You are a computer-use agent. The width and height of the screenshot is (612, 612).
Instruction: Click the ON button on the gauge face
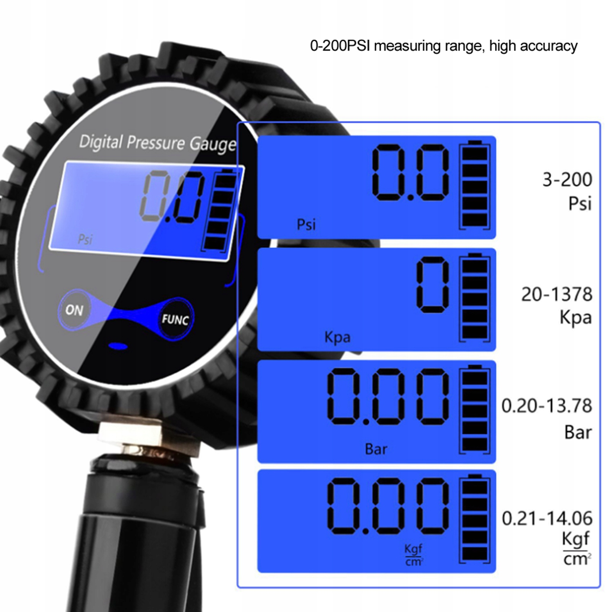click(74, 310)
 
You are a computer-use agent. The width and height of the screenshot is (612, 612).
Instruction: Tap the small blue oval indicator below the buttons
click(118, 346)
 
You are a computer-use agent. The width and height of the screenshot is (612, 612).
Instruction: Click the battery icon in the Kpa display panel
click(474, 297)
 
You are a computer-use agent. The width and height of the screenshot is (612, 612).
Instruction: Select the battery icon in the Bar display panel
click(474, 409)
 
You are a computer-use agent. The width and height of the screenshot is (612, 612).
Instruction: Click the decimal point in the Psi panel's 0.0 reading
click(410, 197)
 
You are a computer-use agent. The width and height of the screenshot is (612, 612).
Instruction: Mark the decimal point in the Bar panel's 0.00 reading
click(366, 422)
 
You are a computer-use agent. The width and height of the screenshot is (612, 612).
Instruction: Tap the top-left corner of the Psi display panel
click(258, 136)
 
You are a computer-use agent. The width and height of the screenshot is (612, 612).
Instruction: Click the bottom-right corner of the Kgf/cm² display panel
click(496, 572)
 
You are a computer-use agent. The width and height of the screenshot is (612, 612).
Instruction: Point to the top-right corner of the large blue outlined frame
click(600, 122)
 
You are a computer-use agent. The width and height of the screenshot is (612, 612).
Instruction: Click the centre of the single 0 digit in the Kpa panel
click(433, 285)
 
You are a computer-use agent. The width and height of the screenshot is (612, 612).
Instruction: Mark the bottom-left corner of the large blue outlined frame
click(237, 587)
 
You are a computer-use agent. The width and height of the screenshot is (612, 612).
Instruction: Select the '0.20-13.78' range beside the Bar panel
click(547, 406)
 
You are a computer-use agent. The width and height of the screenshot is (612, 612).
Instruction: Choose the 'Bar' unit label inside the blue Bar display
click(376, 449)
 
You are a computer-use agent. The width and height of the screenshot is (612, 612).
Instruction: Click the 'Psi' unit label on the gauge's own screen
click(85, 239)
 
